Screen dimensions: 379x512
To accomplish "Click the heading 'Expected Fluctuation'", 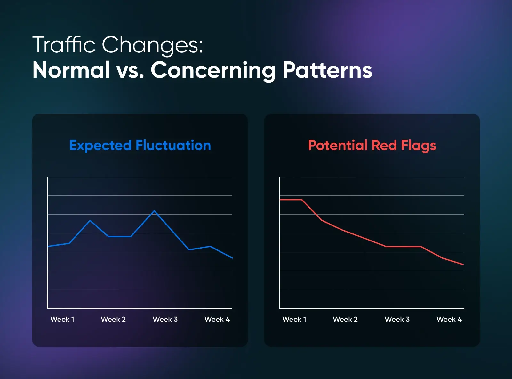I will tap(140, 146).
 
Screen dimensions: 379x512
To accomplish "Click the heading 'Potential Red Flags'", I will tap(372, 146).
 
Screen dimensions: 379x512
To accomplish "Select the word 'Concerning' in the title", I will tap(213, 70).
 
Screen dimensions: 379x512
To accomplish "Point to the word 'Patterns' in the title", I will tap(327, 70).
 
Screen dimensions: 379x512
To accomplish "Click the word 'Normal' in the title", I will tap(71, 70).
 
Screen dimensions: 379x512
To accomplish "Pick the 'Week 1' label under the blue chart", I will tap(62, 319).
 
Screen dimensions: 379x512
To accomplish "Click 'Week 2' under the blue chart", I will tap(113, 319).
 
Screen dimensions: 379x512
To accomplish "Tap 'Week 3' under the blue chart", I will tap(165, 319).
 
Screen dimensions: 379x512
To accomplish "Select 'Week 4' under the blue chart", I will tap(217, 319).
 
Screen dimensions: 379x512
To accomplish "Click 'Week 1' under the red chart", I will tap(294, 319).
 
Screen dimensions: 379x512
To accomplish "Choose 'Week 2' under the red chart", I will tap(345, 319).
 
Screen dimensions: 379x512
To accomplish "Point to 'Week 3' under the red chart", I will tap(397, 319).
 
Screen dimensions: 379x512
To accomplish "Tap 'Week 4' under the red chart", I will tap(449, 319).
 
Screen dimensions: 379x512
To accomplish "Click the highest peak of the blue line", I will tap(154, 211).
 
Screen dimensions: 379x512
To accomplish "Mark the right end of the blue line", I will tap(232, 258).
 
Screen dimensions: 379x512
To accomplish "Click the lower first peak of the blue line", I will tap(90, 220).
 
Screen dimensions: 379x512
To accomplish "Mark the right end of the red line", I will tap(463, 265).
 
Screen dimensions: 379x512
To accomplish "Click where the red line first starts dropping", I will tap(302, 200).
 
